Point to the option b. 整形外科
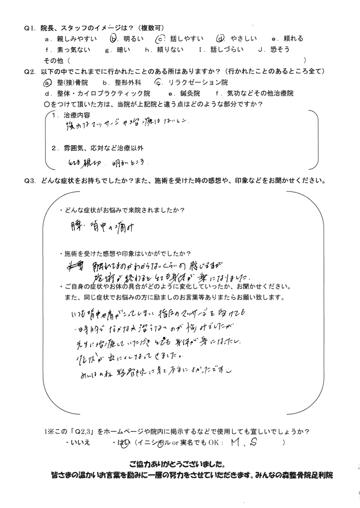click(x=121, y=83)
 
